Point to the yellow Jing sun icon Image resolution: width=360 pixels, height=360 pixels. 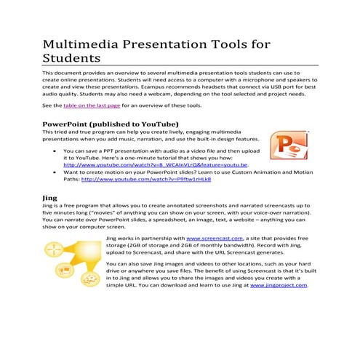[68, 259]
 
